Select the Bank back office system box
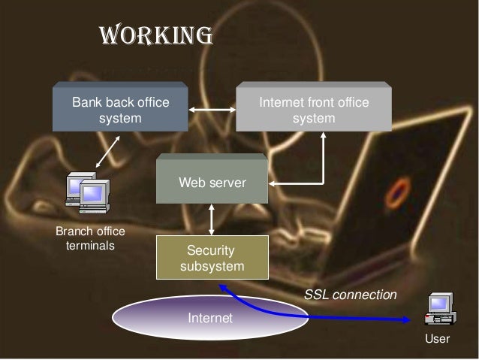click(119, 109)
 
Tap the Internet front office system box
click(314, 109)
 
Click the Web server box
click(211, 180)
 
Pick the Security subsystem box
click(211, 258)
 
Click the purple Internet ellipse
click(210, 319)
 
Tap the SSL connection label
click(349, 295)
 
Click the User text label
click(437, 339)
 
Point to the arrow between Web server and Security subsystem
click(212, 219)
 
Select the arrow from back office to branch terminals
click(108, 150)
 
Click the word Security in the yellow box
click(211, 251)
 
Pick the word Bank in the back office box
click(88, 101)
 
